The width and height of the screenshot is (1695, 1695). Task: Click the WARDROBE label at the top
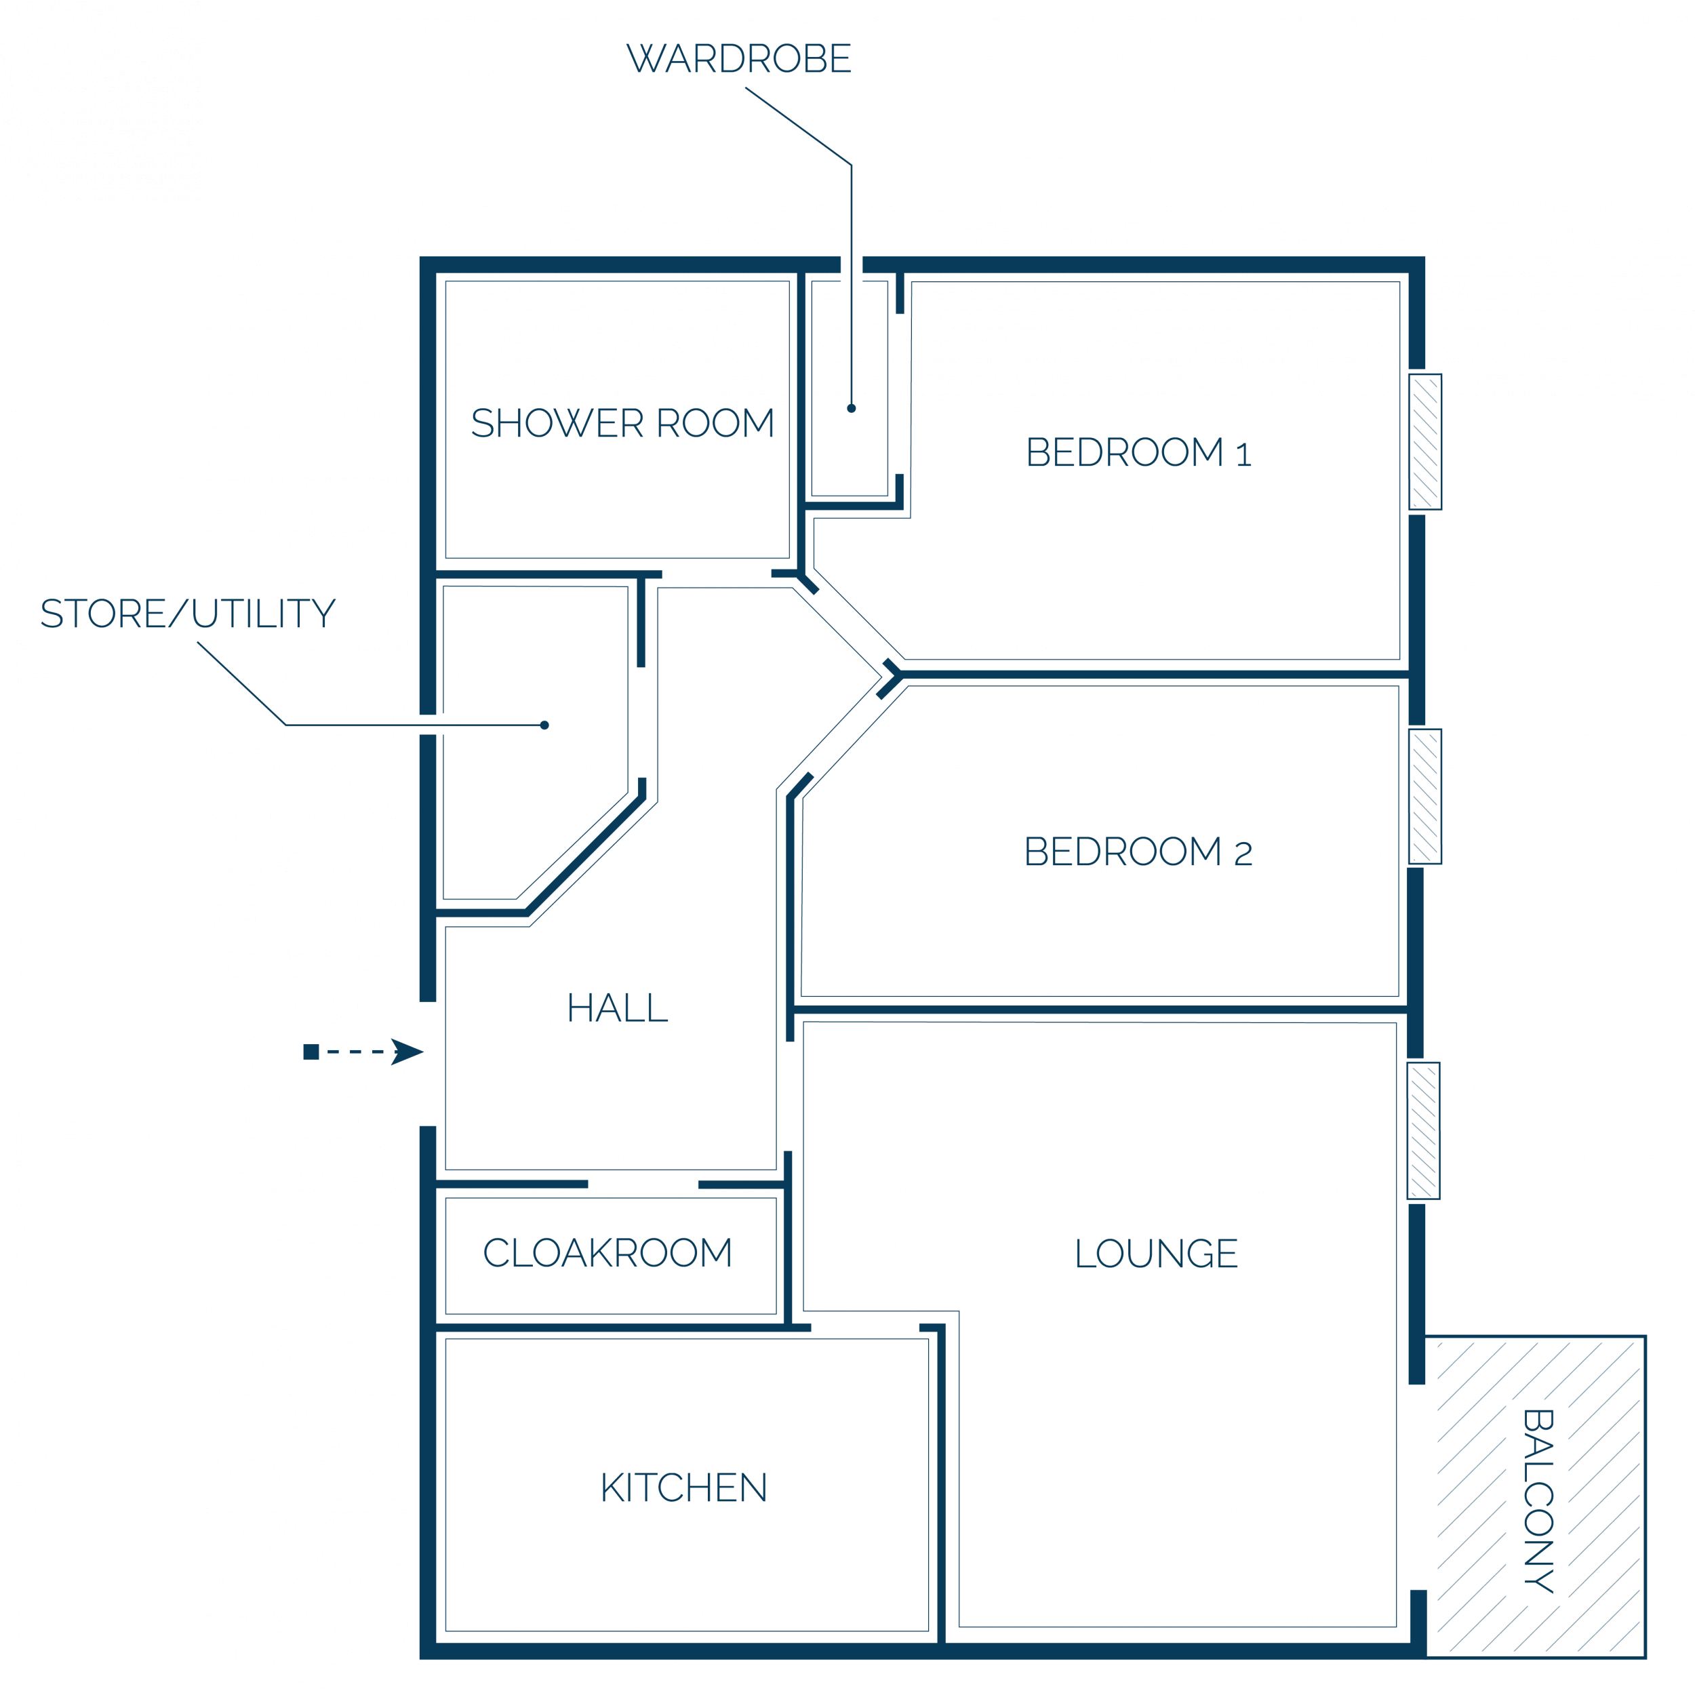coord(739,59)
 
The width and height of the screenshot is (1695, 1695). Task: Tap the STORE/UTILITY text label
coord(188,614)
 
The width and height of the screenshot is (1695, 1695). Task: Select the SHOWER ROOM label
coord(623,423)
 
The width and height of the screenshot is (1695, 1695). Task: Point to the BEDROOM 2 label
coord(1138,852)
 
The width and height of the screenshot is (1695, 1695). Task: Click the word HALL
coord(618,1008)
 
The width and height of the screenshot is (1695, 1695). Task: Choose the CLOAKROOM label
coord(607,1253)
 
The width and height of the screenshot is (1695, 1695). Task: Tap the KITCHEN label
coord(683,1488)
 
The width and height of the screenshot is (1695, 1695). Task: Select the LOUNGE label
coord(1156,1254)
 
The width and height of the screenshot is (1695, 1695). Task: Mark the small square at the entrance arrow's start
coord(311,1052)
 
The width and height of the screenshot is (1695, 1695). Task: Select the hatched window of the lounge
coord(1424,1131)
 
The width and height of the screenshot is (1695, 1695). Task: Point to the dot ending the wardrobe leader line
coord(851,408)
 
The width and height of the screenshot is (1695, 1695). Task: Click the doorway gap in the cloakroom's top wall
coord(643,1184)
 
